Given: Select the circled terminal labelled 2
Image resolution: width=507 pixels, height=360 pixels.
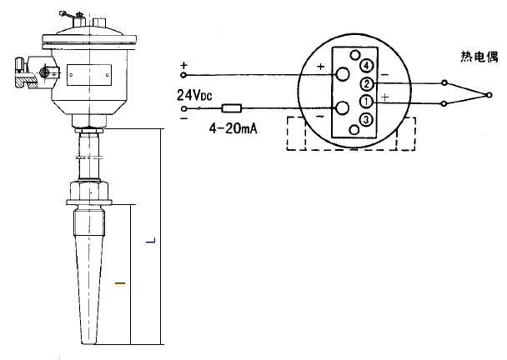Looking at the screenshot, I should point(365,83).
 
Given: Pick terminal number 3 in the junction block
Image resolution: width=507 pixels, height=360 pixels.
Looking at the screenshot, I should point(365,121).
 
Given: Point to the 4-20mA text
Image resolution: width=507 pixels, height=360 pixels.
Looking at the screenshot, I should point(231,129).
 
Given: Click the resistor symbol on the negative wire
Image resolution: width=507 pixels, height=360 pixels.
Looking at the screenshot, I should point(231,108).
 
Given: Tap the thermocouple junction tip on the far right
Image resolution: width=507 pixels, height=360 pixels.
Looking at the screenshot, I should point(491,92).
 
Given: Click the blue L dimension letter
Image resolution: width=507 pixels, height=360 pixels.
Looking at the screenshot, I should point(149,242).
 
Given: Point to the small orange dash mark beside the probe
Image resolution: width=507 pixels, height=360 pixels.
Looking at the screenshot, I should point(119,285).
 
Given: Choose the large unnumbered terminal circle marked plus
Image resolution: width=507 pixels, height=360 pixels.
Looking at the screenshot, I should point(342,74).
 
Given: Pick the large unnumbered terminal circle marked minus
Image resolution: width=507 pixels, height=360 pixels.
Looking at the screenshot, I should point(342,108).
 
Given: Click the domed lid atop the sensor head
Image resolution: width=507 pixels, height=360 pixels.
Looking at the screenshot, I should point(87,30).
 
